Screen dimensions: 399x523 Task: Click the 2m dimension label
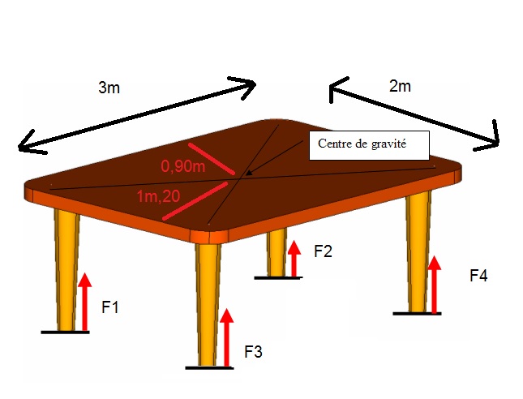400,87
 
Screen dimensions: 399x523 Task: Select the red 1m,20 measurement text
159,197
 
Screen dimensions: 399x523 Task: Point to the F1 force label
111,307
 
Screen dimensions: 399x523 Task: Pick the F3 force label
254,352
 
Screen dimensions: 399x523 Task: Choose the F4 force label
478,276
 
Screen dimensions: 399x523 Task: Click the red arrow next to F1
84,302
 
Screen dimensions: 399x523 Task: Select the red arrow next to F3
227,337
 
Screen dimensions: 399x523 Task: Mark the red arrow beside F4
435,284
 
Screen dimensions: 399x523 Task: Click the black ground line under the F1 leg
71,332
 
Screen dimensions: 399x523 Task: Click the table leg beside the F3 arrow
208,300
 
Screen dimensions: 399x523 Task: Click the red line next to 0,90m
212,159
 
